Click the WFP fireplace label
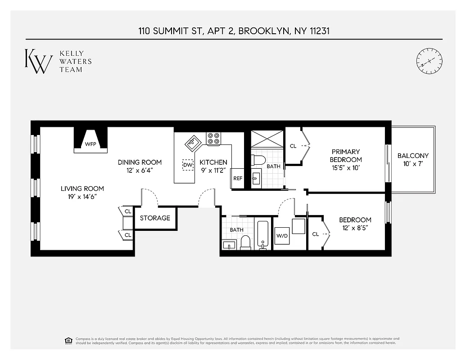pos(90,144)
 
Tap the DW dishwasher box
pos(187,165)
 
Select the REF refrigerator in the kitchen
pos(238,178)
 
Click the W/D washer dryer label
pos(282,235)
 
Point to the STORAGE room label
pos(155,218)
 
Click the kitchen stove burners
pos(213,138)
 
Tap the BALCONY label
pos(413,156)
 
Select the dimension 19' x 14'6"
pos(82,197)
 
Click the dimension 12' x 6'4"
pos(140,171)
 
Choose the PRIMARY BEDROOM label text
pos(345,156)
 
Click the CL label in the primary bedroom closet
pos(293,146)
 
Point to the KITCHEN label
pos(213,162)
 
